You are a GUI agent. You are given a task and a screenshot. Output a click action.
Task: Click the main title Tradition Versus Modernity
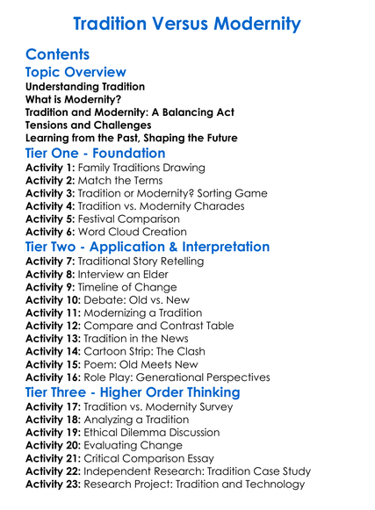click(187, 24)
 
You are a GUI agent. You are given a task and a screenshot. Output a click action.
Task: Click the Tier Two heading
click(148, 248)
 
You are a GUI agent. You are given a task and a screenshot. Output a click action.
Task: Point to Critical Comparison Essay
click(162, 457)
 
